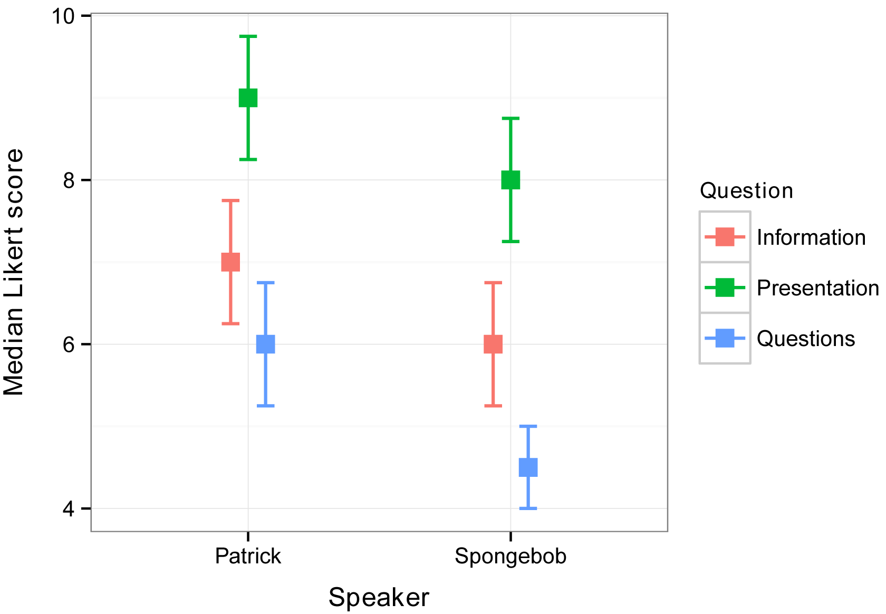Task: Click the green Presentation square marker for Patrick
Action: point(248,98)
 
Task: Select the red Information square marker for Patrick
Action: point(230,262)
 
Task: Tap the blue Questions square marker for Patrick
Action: point(265,344)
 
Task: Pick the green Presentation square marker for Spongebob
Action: point(511,180)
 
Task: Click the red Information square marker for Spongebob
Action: point(493,344)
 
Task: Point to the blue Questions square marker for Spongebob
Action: point(528,467)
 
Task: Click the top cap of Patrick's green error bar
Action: point(248,36)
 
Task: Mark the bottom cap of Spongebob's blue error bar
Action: point(528,508)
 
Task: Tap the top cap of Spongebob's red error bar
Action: point(493,283)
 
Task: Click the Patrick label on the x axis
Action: point(248,556)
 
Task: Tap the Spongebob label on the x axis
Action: point(511,557)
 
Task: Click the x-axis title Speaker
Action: point(379,598)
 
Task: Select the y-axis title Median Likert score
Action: point(14,272)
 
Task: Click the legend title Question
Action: point(746,190)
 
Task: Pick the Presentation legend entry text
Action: point(817,288)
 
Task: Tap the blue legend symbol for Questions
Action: point(725,338)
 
